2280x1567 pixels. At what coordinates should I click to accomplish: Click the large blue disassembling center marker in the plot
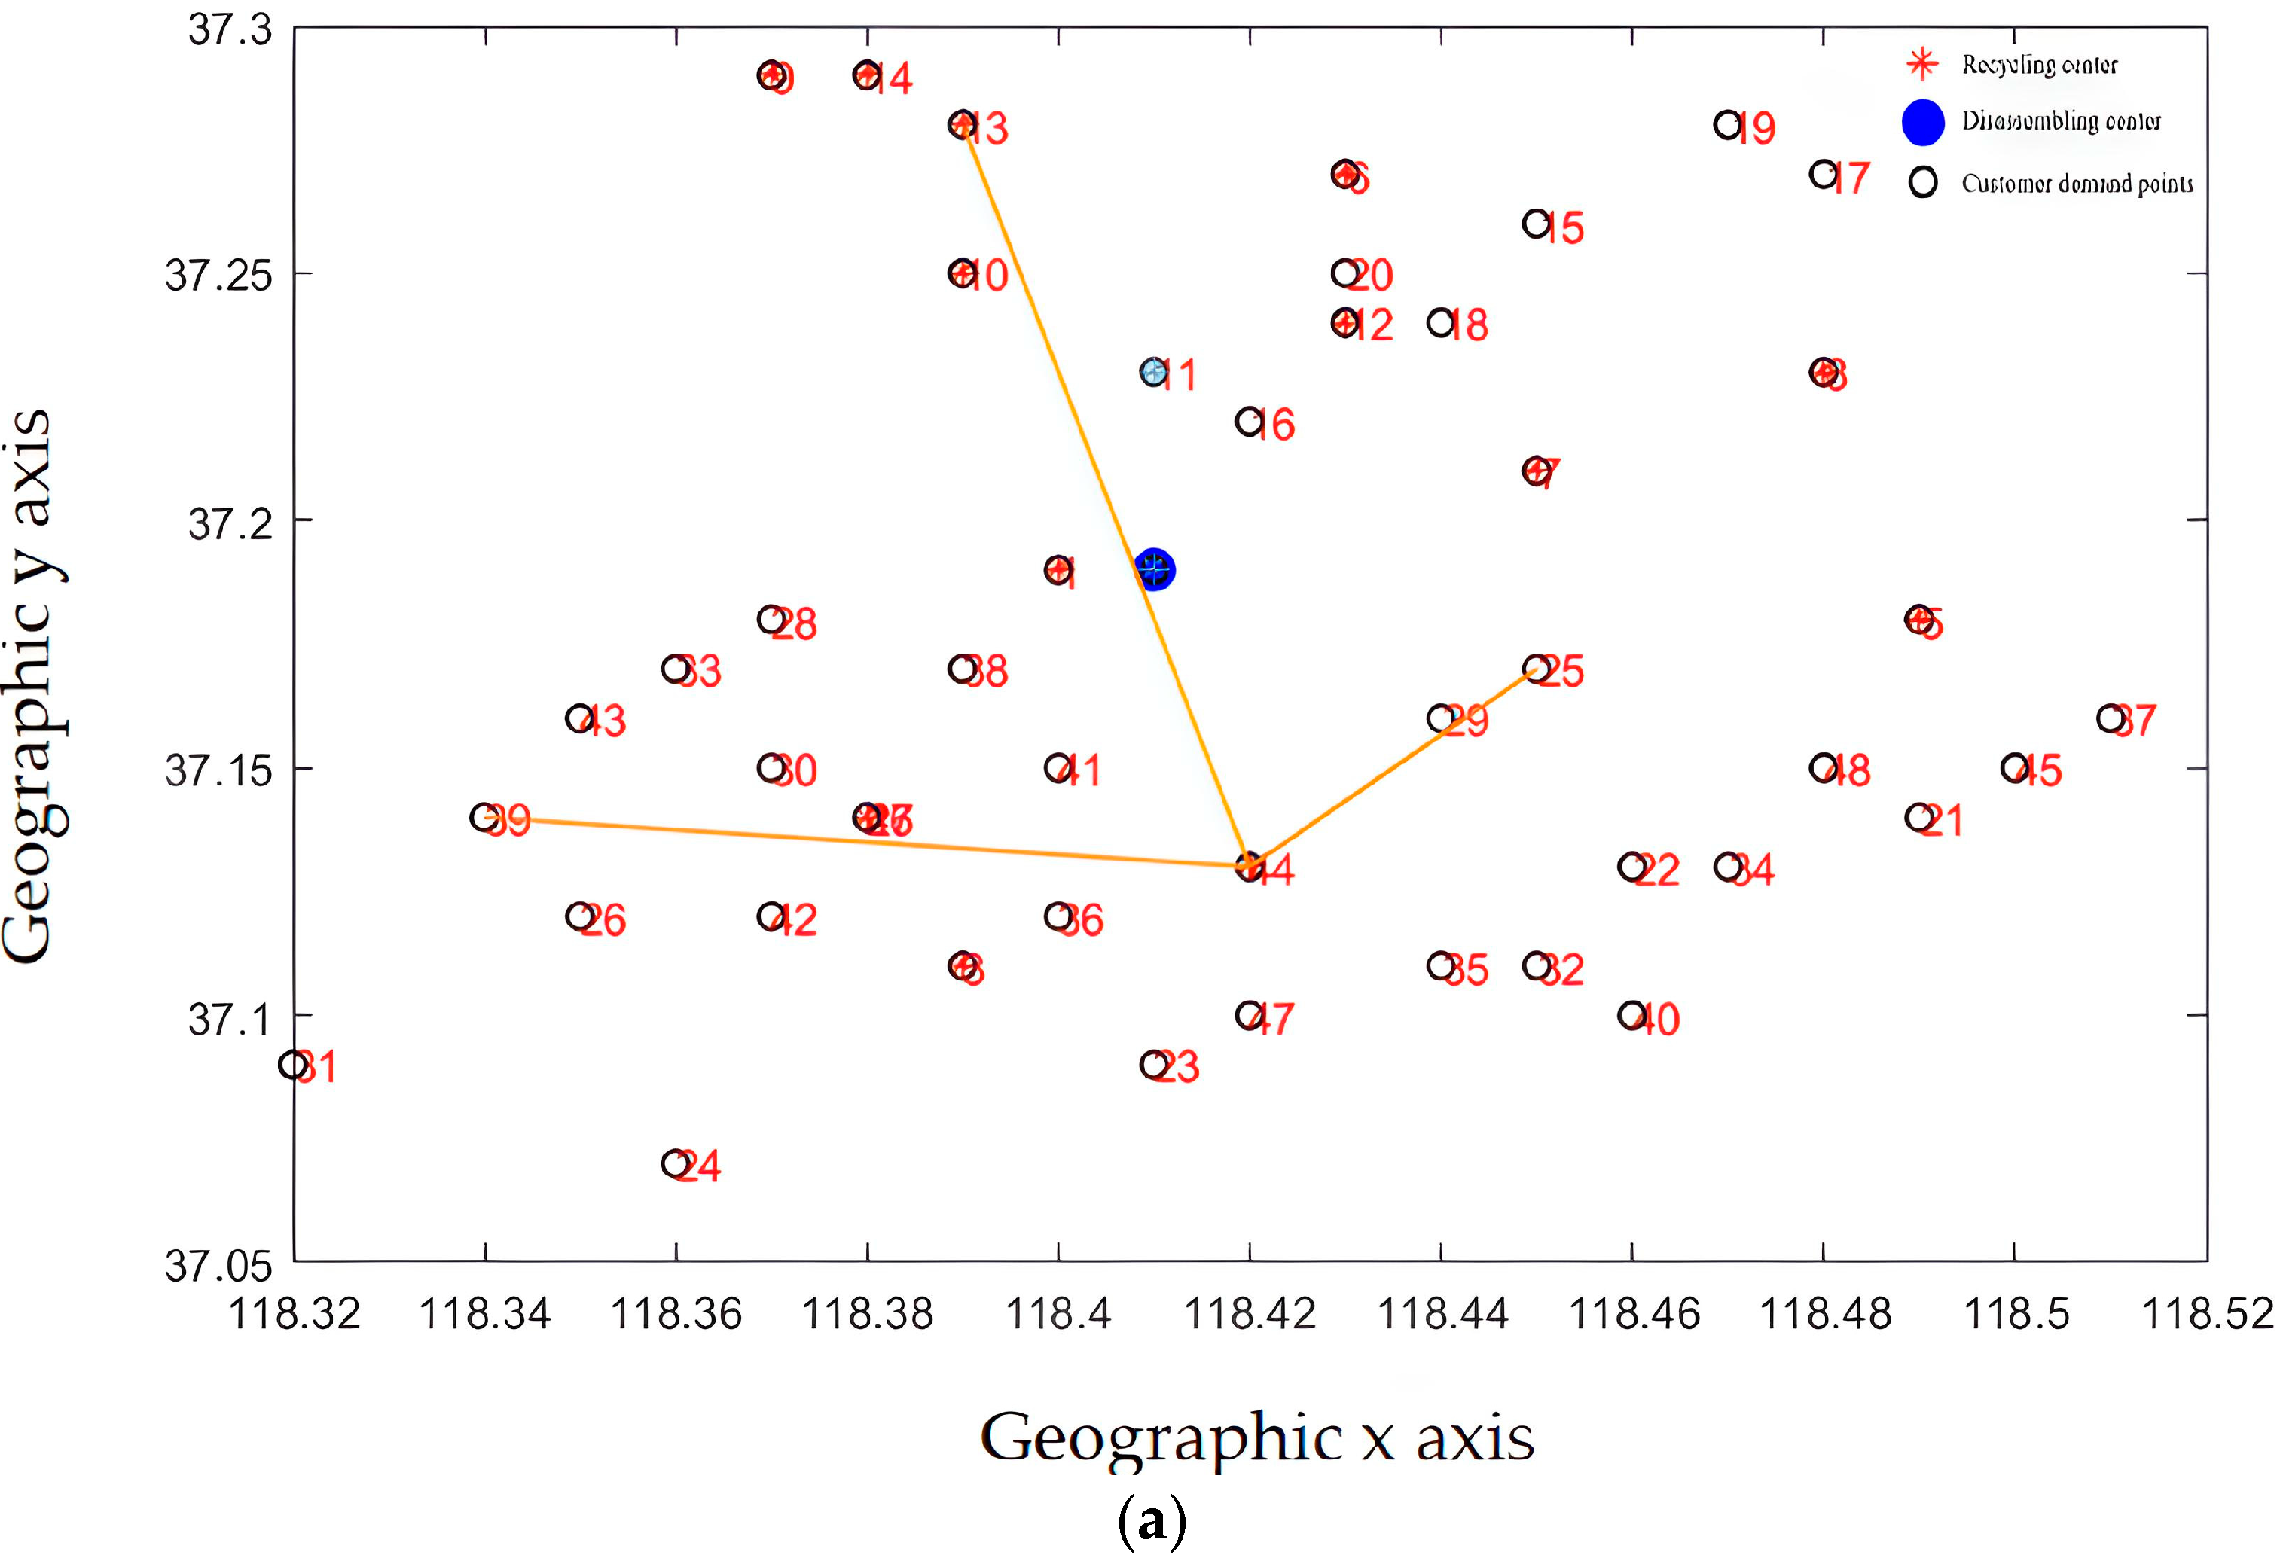pyautogui.click(x=1154, y=569)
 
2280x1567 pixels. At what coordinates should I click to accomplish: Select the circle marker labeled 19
pyautogui.click(x=1727, y=126)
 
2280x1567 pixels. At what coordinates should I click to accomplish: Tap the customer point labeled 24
pyautogui.click(x=676, y=1163)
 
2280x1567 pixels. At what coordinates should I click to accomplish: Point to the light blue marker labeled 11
pyautogui.click(x=1154, y=372)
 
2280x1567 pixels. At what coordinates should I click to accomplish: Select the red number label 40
pyautogui.click(x=1658, y=1019)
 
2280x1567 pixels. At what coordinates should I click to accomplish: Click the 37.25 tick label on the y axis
pyautogui.click(x=218, y=276)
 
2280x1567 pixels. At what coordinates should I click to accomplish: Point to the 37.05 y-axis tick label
pyautogui.click(x=218, y=1267)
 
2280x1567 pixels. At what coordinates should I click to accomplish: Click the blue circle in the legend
pyautogui.click(x=1922, y=122)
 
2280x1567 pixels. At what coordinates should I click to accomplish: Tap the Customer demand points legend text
pyautogui.click(x=2077, y=184)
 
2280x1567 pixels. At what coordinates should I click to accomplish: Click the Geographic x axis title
pyautogui.click(x=1257, y=1438)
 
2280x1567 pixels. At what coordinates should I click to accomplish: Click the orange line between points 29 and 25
pyautogui.click(x=1488, y=695)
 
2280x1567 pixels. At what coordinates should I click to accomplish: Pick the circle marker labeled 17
pyautogui.click(x=1824, y=175)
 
